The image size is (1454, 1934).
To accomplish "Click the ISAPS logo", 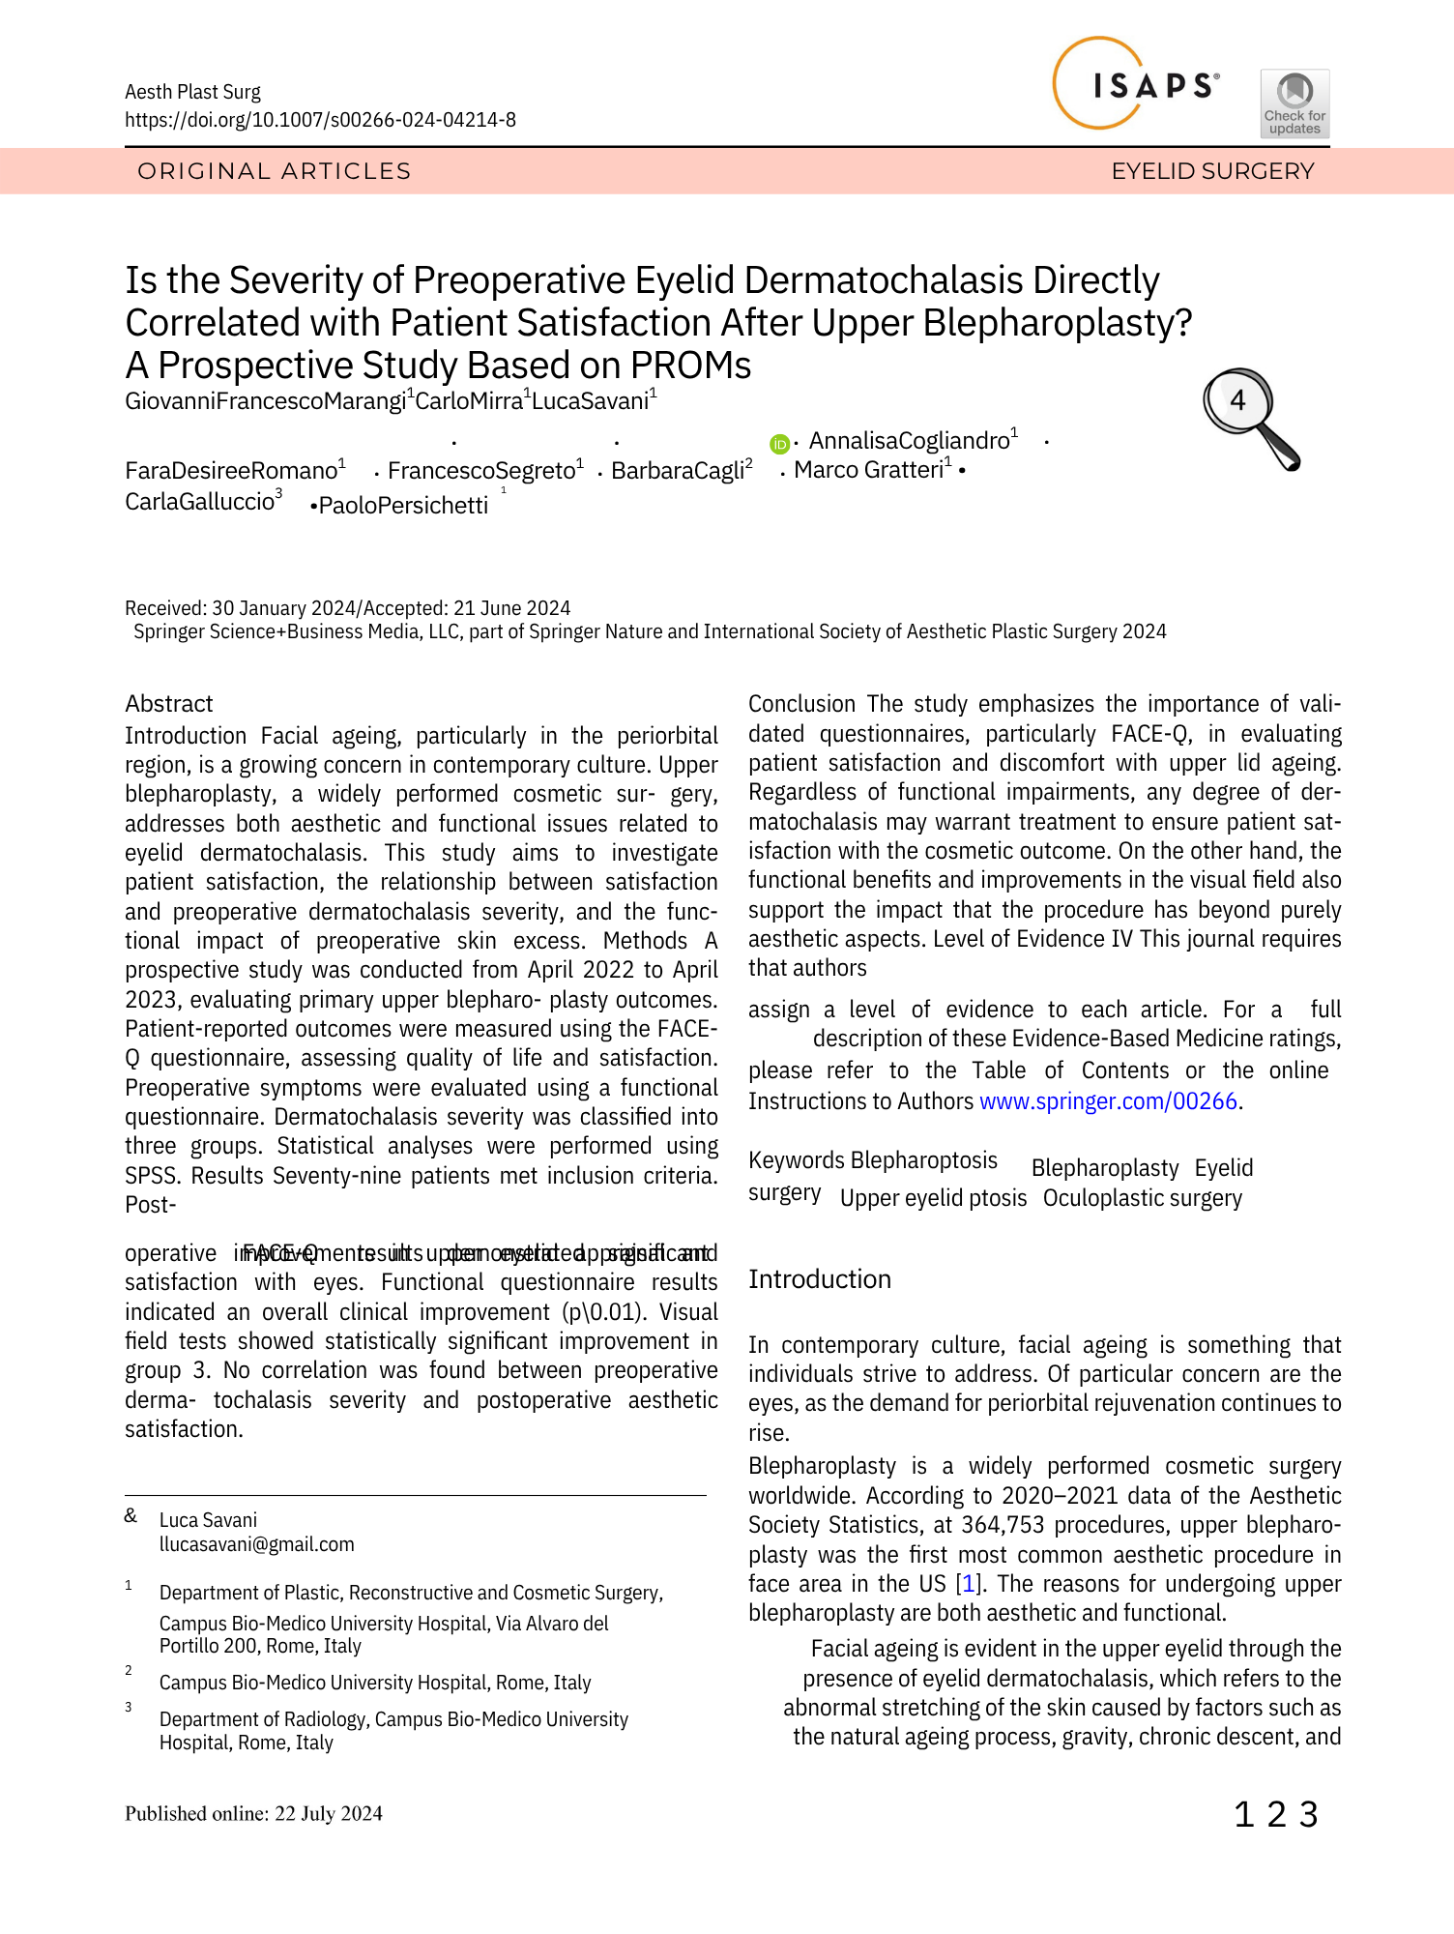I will pos(1136,85).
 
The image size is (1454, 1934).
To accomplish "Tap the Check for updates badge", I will pos(1294,103).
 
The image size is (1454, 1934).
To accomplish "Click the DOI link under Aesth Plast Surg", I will pos(320,120).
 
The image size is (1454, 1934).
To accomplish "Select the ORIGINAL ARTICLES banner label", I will pos(275,171).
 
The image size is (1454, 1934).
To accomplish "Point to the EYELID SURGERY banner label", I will pos(1212,171).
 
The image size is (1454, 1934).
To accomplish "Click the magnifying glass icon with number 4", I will pos(1249,416).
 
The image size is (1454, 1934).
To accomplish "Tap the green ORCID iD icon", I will pos(779,444).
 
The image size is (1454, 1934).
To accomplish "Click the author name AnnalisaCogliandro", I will pos(909,441).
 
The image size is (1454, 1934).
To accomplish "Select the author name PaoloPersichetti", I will pos(403,506).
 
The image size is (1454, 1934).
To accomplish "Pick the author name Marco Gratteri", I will pos(868,470).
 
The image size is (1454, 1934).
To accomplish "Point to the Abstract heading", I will pos(169,704).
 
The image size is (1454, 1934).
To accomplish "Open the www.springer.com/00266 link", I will pos(1108,1101).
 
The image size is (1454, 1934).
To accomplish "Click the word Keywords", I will pos(797,1160).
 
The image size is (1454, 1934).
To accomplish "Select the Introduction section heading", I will pos(820,1279).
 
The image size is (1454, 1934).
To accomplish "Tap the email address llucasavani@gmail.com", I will pos(257,1544).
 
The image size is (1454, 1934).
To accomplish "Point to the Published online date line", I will pos(253,1813).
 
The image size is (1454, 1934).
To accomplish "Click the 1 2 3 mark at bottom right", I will pos(1276,1815).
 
